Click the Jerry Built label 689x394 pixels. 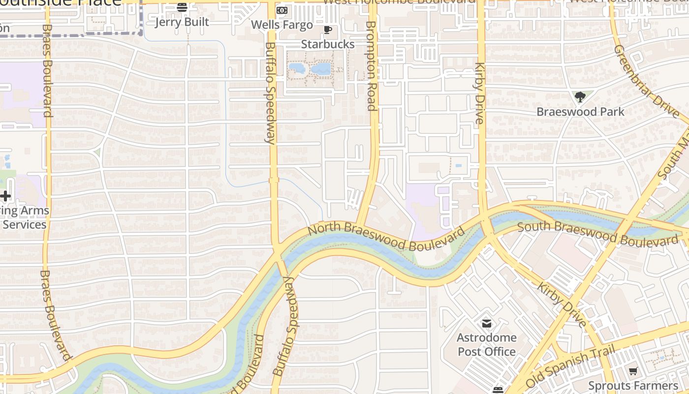(182, 22)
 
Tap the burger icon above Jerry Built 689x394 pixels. (182, 7)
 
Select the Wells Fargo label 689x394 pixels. (282, 25)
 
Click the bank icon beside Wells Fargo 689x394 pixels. (282, 10)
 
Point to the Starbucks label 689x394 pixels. (328, 44)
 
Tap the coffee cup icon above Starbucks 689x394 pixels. (328, 30)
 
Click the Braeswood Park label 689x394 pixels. (580, 112)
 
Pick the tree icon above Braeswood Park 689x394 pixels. (580, 97)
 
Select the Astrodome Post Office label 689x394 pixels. (486, 345)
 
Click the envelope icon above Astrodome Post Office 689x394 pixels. (487, 324)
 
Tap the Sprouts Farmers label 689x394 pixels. (633, 386)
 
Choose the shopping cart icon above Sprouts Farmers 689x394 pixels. (633, 371)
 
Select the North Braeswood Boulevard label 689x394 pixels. (386, 236)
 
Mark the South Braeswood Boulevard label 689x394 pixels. (597, 234)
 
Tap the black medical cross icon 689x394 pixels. (5, 197)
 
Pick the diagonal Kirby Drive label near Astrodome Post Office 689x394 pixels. (562, 304)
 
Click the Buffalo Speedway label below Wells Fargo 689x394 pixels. (270, 93)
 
